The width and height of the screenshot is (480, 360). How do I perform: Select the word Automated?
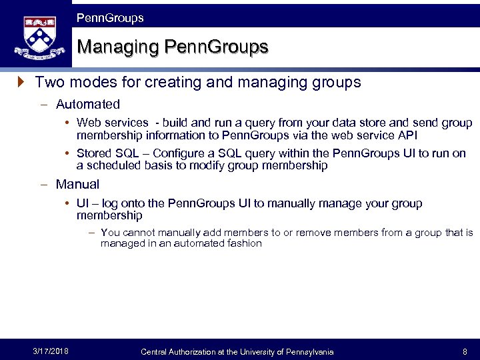pos(88,105)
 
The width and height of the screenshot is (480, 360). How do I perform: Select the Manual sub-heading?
pos(77,185)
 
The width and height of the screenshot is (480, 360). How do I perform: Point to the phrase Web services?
pos(112,123)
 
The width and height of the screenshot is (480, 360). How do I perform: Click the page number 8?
pos(465,351)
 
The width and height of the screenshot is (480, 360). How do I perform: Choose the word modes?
pos(89,83)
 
